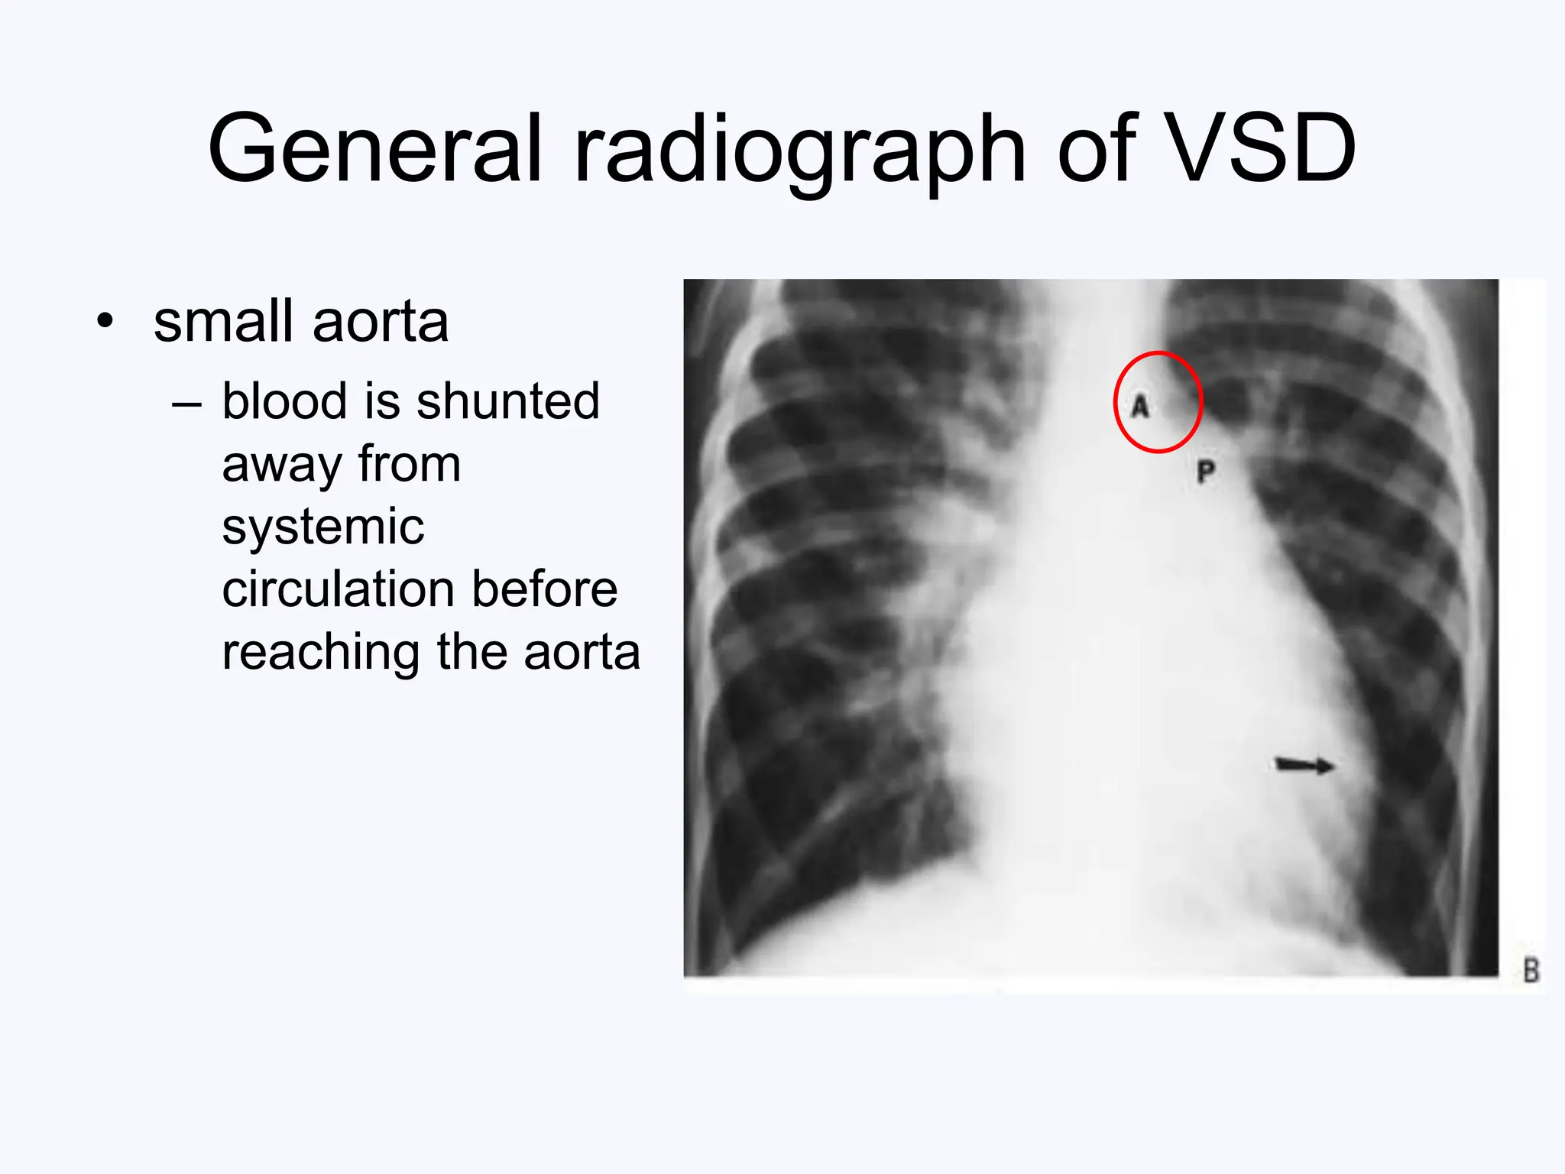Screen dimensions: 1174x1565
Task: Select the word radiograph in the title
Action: [x=799, y=150]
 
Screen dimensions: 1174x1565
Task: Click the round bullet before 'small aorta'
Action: [x=105, y=321]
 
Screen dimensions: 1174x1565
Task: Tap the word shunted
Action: [x=508, y=401]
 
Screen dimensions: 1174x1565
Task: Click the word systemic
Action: [x=322, y=527]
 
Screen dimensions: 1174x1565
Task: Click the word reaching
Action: [x=321, y=653]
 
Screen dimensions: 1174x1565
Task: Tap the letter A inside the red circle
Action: [x=1140, y=406]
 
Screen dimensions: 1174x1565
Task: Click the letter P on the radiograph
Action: [x=1205, y=472]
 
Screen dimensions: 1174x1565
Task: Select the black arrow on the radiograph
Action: [x=1305, y=764]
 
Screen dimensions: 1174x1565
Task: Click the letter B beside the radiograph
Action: [x=1531, y=971]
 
